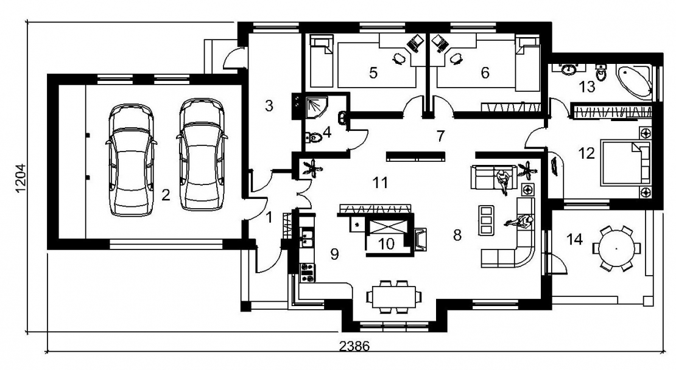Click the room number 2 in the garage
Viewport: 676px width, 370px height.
[x=166, y=195]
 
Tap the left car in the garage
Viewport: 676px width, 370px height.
[x=131, y=159]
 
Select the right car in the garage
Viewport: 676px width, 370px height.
[x=202, y=155]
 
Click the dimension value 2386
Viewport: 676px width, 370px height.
[x=354, y=346]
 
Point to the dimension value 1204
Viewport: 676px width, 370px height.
[x=21, y=178]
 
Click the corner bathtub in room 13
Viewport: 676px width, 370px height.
[x=634, y=80]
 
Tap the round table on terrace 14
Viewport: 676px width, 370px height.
[x=616, y=248]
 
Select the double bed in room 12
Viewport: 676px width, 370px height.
[x=625, y=162]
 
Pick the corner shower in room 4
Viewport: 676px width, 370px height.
[x=316, y=107]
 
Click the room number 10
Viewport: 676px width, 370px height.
[x=386, y=244]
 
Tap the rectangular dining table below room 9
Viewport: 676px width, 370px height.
[x=394, y=296]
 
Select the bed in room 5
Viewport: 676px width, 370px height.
[x=321, y=61]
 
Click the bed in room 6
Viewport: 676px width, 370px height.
[x=527, y=63]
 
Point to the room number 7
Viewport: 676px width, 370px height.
[x=440, y=136]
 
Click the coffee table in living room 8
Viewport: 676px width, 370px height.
[x=485, y=220]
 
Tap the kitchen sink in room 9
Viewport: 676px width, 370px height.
[x=307, y=239]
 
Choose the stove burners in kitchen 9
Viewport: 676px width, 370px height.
[x=307, y=272]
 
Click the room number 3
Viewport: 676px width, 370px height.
[x=269, y=105]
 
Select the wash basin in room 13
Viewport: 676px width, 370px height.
[x=570, y=69]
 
